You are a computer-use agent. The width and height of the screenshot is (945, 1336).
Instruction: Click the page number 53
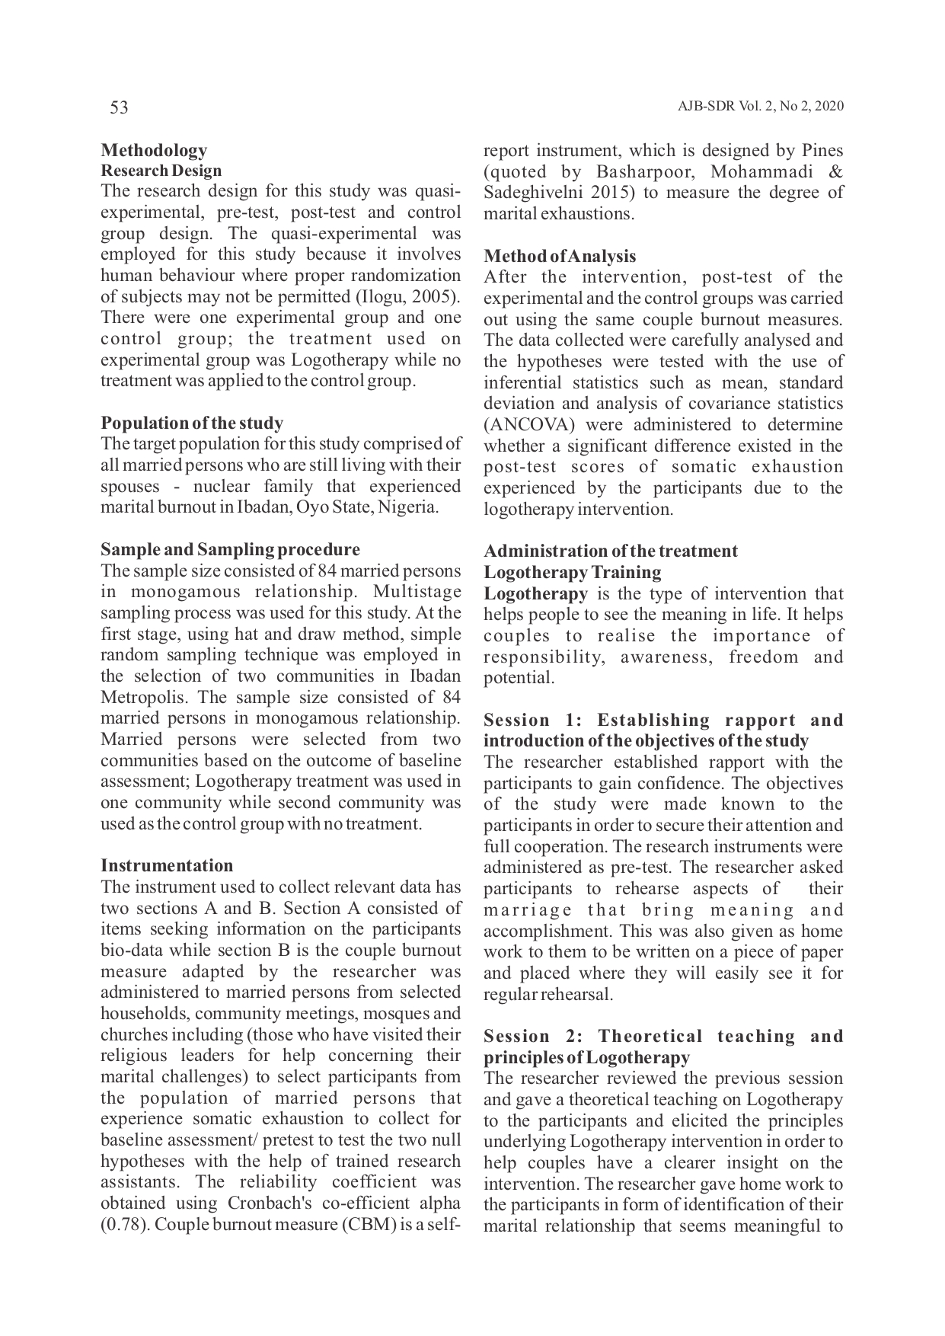(120, 107)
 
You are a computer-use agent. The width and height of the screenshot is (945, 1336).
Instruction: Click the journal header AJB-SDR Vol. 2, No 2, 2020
(760, 107)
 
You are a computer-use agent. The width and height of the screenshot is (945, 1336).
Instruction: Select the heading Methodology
(154, 150)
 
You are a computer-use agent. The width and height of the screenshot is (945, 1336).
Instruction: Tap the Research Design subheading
(161, 171)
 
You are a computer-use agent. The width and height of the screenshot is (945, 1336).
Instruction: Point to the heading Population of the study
(192, 423)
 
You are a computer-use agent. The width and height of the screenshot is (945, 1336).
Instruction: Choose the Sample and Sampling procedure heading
(230, 549)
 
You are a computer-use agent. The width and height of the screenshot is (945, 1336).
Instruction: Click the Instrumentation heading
(167, 865)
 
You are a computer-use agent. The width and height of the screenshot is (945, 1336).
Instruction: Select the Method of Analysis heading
(560, 256)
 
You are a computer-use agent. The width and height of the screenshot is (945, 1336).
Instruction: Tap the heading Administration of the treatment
(611, 551)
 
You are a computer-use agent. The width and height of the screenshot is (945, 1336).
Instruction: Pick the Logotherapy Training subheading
(573, 572)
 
